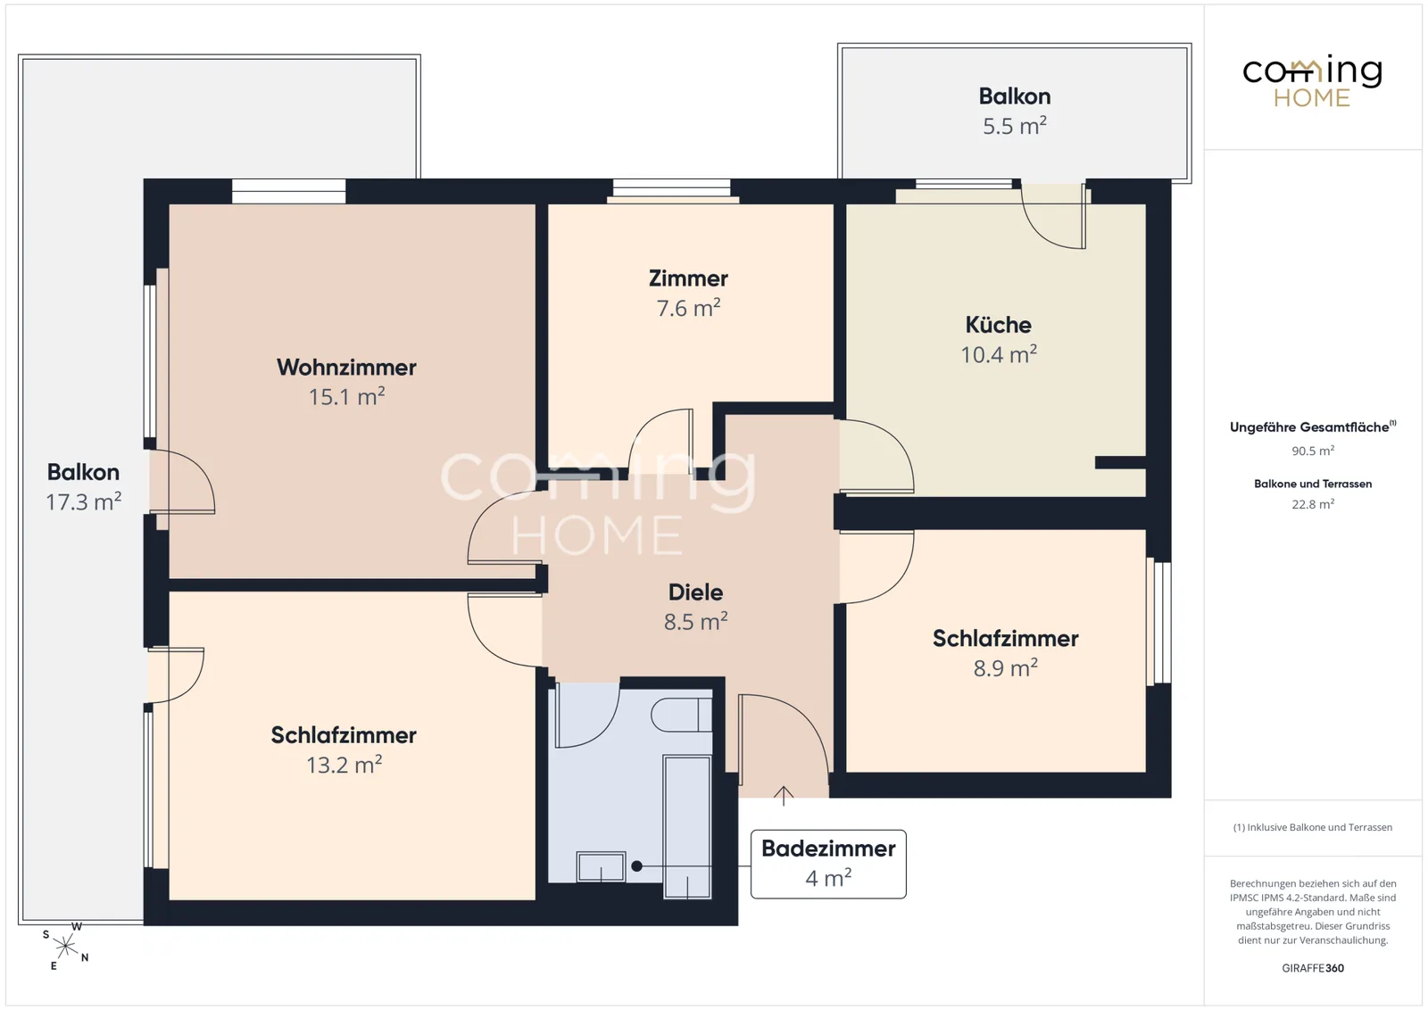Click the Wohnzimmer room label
coord(346,367)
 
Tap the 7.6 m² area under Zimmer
coord(688,308)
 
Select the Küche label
coord(999,325)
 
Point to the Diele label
coord(695,592)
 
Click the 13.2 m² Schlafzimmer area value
coord(345,764)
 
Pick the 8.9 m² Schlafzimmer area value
coord(1005,667)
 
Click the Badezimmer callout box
coord(828,864)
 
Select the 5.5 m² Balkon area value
coord(1014,126)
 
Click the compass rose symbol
coord(66,947)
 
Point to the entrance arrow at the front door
coord(784,796)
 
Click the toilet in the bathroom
coord(682,715)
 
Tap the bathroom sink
coord(601,866)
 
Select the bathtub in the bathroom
coord(687,826)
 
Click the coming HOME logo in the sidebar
coord(1312,81)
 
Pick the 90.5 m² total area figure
coord(1313,451)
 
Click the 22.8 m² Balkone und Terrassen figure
coord(1313,504)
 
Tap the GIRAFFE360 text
coord(1313,968)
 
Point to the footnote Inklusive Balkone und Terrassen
coord(1313,827)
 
